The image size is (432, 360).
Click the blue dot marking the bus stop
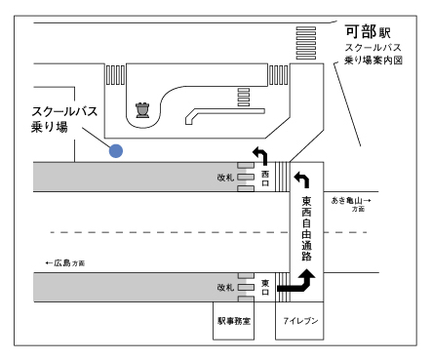tap(116, 150)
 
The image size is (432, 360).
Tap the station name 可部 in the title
tap(373, 30)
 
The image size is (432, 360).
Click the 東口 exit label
tap(265, 286)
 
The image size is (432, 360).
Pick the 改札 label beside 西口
tap(226, 178)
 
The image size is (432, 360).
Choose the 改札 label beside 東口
tap(226, 288)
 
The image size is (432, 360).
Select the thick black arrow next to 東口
tap(296, 283)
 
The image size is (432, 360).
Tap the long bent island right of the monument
tap(220, 114)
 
